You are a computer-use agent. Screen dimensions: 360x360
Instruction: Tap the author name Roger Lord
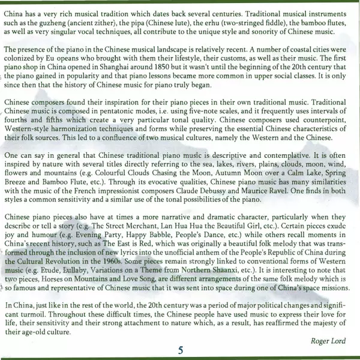click(329, 341)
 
